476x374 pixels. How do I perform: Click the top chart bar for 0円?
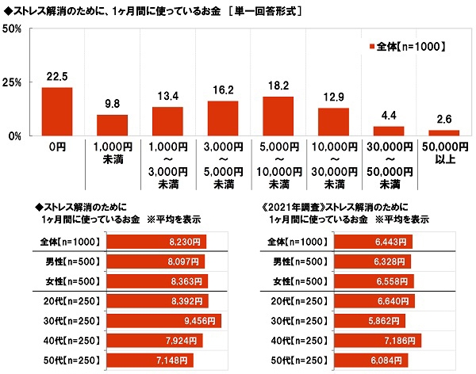[x=56, y=112]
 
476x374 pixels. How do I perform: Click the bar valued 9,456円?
[x=163, y=322]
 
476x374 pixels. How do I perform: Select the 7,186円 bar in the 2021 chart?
[x=378, y=341]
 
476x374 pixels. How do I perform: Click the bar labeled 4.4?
[x=388, y=131]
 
